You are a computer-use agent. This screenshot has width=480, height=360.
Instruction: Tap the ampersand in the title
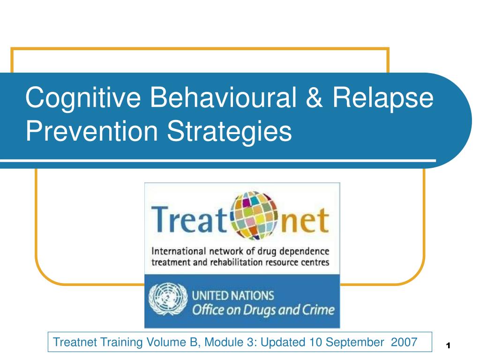tap(315, 97)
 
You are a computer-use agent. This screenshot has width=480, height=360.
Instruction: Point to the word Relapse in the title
tap(383, 98)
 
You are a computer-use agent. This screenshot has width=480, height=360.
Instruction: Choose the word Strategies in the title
tap(229, 132)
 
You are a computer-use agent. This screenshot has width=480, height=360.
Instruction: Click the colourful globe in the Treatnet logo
tap(254, 215)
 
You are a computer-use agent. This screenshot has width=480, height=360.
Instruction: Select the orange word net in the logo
tap(305, 221)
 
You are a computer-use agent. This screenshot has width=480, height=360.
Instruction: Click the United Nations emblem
tap(168, 300)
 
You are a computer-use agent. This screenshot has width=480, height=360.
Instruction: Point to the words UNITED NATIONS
tap(232, 295)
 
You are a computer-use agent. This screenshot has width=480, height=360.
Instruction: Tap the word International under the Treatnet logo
tap(178, 251)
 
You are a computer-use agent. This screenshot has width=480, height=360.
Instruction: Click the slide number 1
tap(448, 346)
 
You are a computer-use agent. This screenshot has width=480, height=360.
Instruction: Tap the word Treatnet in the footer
tap(75, 342)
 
